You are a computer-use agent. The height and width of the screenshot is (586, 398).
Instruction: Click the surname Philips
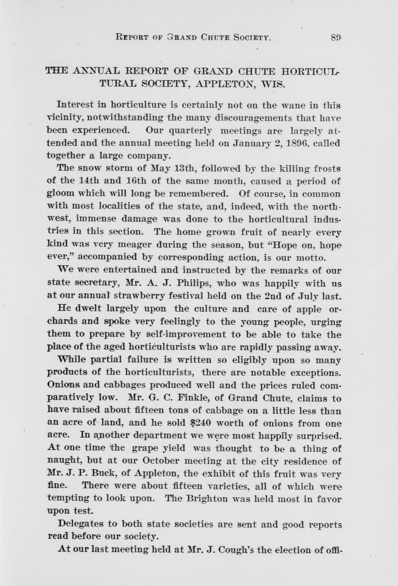tap(195, 283)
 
